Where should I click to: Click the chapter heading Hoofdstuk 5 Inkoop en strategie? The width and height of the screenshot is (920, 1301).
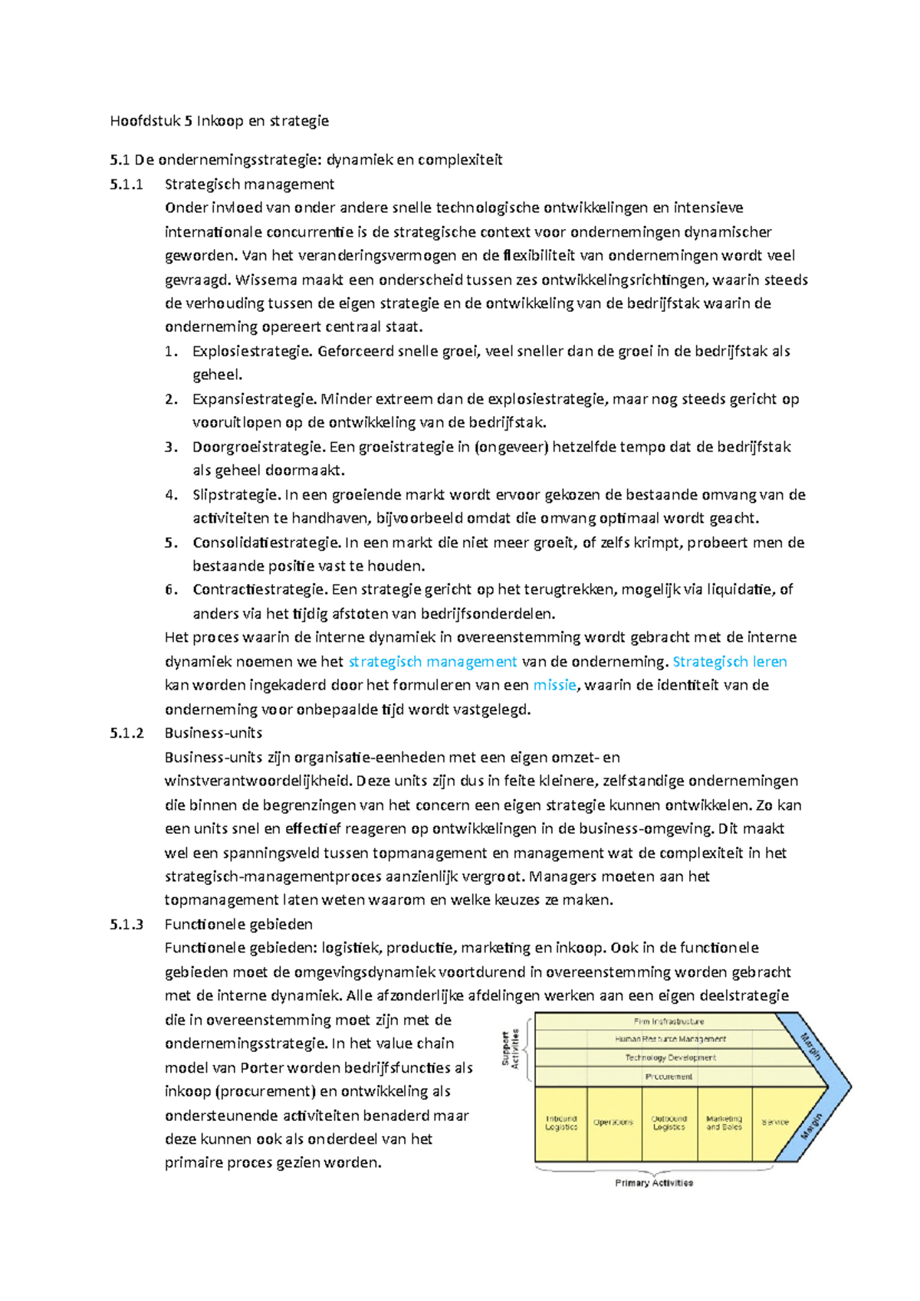[x=219, y=121]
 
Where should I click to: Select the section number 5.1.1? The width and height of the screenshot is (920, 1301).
[x=127, y=185]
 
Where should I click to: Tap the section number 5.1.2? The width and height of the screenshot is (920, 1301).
[x=127, y=733]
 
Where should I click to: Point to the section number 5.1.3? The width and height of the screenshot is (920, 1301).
[x=127, y=925]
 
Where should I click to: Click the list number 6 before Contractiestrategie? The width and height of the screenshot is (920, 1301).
[x=171, y=590]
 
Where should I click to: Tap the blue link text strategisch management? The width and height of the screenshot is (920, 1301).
[x=432, y=662]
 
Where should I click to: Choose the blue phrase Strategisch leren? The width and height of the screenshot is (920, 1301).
[x=729, y=662]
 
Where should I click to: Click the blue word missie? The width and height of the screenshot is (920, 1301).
[x=554, y=686]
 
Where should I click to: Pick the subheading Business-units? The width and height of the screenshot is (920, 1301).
[x=213, y=733]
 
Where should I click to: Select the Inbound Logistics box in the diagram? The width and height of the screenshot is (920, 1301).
[x=561, y=1123]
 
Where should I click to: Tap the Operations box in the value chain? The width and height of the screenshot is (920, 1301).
[x=613, y=1123]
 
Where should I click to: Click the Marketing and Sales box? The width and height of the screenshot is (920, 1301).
[x=724, y=1123]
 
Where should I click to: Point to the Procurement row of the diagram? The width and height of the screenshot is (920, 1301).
[x=669, y=1077]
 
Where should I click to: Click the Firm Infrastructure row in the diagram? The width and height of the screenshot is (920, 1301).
[x=669, y=1022]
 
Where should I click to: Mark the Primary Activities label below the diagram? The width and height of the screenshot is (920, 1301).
[x=654, y=1183]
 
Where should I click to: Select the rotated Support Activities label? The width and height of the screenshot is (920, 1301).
[x=511, y=1048]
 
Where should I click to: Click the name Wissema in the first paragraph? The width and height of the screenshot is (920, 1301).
[x=266, y=280]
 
